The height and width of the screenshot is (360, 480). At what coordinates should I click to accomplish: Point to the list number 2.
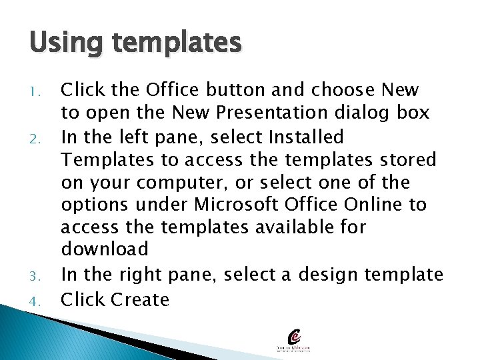click(x=35, y=139)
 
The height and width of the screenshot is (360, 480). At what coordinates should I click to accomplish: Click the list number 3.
click(x=35, y=275)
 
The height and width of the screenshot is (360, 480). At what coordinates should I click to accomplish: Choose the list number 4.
click(x=35, y=301)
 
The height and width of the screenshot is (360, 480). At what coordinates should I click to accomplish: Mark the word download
click(x=105, y=249)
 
